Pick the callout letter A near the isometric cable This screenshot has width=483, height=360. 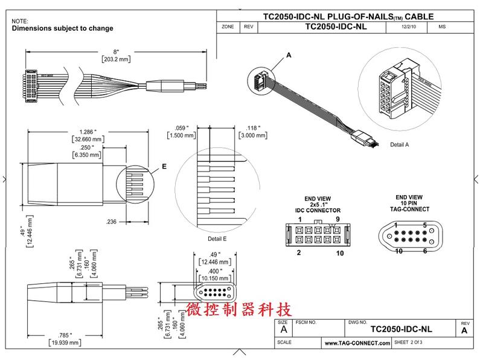pyautogui.click(x=289, y=55)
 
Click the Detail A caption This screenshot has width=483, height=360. pyautogui.click(x=399, y=145)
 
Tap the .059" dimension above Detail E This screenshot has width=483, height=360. pyautogui.click(x=181, y=127)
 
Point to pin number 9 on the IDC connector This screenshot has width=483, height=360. pyautogui.click(x=337, y=219)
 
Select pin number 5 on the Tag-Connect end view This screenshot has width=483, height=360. pyautogui.click(x=425, y=225)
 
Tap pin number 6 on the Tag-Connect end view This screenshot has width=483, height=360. pyautogui.click(x=425, y=250)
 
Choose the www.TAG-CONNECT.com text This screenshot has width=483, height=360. pyautogui.click(x=358, y=343)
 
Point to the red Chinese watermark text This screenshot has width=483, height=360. pyautogui.click(x=240, y=310)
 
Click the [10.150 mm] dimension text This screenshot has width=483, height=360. pyautogui.click(x=215, y=279)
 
